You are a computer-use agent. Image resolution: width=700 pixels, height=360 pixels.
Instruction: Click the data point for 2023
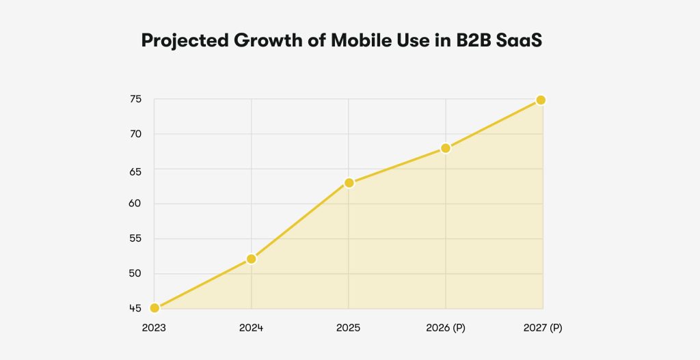point(154,308)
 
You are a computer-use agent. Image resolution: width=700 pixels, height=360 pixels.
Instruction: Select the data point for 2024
point(252,259)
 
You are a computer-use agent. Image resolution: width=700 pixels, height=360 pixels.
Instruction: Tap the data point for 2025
point(349,183)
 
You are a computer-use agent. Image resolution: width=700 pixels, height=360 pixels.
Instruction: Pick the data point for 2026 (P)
point(446,148)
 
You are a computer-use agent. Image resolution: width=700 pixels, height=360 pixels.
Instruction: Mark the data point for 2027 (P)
point(541,100)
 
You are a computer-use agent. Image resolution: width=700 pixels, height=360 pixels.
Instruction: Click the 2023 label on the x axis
point(154,328)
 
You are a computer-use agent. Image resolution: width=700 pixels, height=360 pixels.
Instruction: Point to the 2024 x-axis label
point(251,328)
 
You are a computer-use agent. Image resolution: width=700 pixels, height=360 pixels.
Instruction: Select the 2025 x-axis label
point(348,328)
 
